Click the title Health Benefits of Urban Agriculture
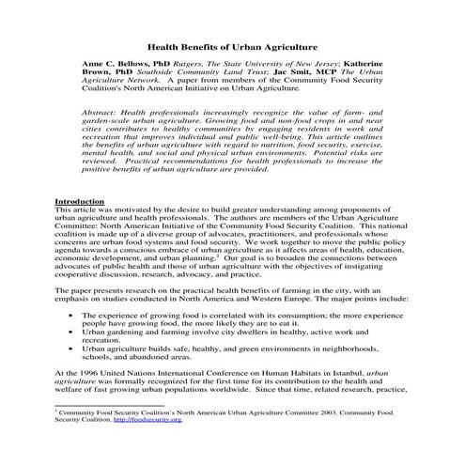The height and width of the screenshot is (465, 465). [231, 44]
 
